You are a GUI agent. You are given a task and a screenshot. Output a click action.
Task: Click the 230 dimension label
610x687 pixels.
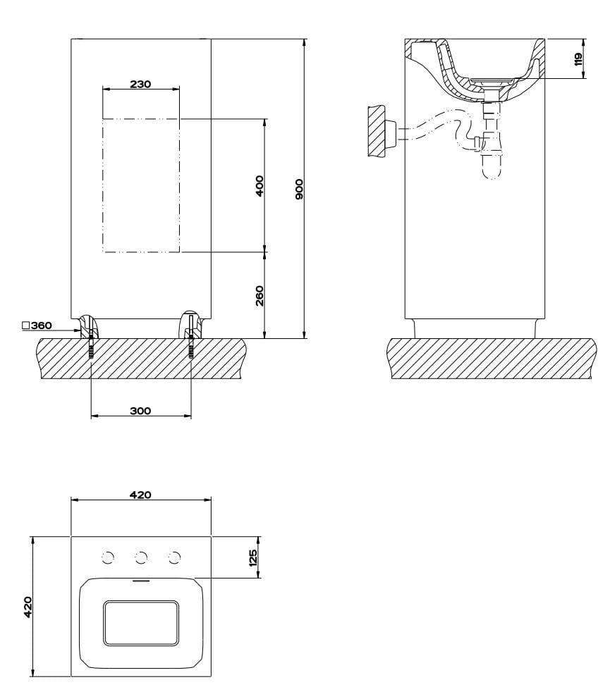(140, 84)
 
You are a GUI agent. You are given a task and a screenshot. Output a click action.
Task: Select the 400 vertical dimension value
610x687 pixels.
(259, 185)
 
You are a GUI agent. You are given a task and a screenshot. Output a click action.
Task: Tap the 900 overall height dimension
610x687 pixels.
(299, 189)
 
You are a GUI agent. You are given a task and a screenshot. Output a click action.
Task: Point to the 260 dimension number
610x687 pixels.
(259, 295)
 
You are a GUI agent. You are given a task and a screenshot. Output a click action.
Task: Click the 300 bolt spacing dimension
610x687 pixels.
(140, 411)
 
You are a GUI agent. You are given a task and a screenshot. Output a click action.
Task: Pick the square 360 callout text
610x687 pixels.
(37, 326)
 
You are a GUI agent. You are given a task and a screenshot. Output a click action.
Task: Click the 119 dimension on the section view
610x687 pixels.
(578, 58)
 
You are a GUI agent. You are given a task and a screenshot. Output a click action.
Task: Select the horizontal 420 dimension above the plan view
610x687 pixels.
(140, 495)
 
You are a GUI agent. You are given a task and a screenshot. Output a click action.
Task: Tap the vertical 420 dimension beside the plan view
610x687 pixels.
(28, 606)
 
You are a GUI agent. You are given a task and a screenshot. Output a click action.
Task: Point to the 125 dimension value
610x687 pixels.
(253, 557)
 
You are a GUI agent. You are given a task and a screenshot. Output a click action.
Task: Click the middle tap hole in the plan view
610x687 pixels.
(141, 558)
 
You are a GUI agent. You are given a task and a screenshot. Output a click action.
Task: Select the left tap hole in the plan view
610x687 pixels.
(107, 558)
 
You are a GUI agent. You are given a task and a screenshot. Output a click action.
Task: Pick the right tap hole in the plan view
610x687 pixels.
(174, 558)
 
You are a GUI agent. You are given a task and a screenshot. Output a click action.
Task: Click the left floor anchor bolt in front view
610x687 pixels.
(91, 347)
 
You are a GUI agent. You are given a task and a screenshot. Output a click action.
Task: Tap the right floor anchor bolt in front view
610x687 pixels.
(190, 347)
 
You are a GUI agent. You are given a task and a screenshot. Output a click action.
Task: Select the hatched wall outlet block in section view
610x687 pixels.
(377, 130)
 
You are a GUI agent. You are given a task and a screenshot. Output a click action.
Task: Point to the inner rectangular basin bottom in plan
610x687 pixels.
(140, 623)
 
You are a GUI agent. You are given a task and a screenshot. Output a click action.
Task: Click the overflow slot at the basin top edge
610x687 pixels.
(141, 582)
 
